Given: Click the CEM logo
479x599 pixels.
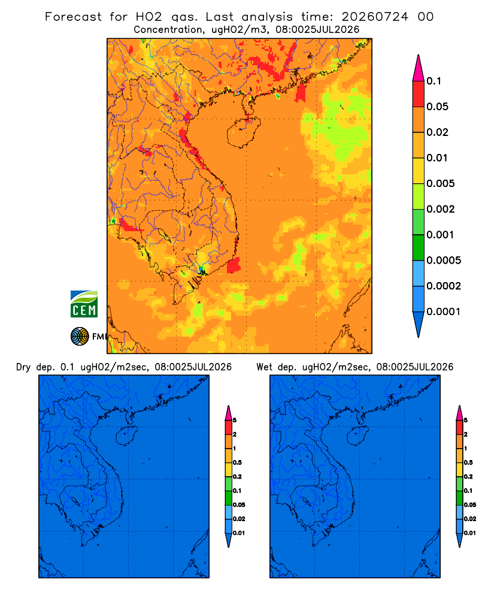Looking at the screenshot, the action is [x=84, y=304].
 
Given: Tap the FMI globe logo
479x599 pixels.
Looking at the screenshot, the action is [x=80, y=336].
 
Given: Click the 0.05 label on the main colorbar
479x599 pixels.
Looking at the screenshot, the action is [x=437, y=107].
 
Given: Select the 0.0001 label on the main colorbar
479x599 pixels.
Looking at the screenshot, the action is [x=444, y=311].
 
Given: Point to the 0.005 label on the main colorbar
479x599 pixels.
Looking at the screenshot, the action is [x=441, y=183].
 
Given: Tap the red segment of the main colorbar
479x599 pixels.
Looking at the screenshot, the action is [x=419, y=94].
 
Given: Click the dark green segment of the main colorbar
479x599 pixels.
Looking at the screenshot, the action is [x=419, y=247].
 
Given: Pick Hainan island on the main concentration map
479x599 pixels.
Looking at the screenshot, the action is [x=244, y=132].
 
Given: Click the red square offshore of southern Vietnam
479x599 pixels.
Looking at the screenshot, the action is [x=234, y=265].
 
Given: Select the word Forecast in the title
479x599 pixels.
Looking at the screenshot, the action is [x=73, y=17].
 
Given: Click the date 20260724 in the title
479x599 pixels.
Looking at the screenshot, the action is [x=375, y=17].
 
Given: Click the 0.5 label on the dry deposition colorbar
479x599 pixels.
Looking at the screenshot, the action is [x=237, y=462].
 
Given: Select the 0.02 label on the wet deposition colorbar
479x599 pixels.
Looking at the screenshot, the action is [x=470, y=519].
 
